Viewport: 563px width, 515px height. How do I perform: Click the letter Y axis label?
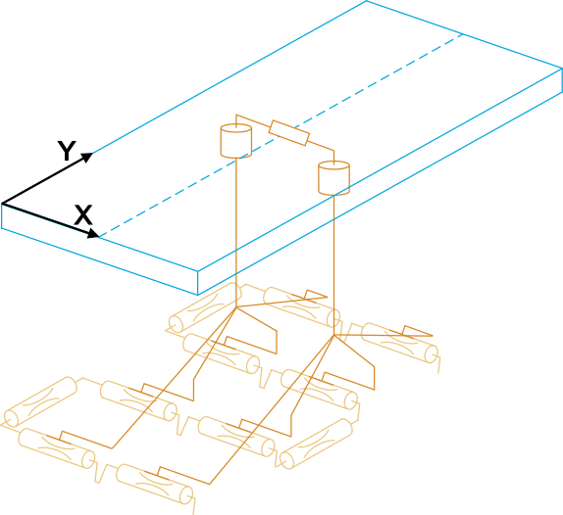coord(67,151)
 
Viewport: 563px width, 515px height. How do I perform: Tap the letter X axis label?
coord(83,214)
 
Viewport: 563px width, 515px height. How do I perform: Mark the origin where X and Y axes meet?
coord(2,204)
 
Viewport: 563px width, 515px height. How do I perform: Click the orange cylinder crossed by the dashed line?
coord(236,140)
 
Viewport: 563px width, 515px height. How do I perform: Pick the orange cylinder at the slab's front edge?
coord(333,178)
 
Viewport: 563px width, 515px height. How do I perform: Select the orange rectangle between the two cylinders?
coord(288,133)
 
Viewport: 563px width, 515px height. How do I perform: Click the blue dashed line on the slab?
coord(281,135)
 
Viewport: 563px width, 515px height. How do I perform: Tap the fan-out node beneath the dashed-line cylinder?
coord(236,307)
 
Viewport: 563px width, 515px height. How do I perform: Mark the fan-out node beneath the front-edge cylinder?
coord(333,335)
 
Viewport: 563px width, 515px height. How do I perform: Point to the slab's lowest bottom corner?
coord(197,295)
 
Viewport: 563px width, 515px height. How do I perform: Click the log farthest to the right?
coord(399,343)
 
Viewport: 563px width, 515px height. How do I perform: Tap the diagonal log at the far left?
coord(40,401)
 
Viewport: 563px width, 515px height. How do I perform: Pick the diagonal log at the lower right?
coord(316,444)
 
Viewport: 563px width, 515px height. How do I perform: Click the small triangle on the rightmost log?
coord(417,332)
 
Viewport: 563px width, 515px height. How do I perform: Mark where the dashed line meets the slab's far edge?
coord(462,34)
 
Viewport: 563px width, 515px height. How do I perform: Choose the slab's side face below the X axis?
coord(100,250)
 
